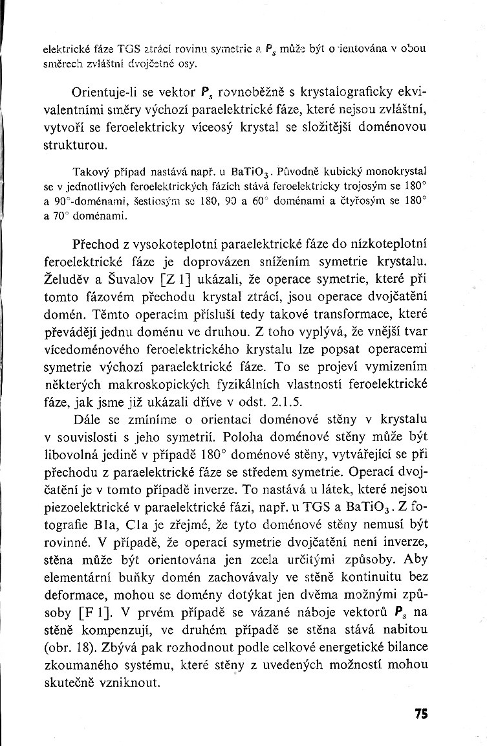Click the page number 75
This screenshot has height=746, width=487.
421,714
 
